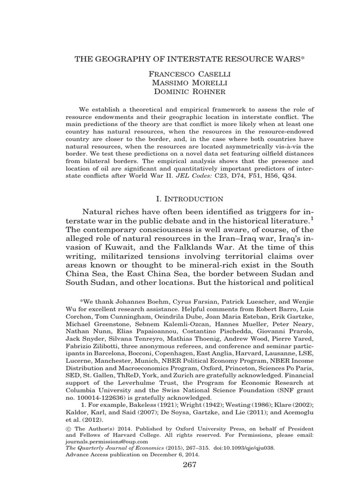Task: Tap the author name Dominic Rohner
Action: (180, 92)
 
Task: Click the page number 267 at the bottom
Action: (180, 465)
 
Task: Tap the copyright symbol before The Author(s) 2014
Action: (70, 428)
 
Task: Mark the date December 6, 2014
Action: (172, 454)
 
